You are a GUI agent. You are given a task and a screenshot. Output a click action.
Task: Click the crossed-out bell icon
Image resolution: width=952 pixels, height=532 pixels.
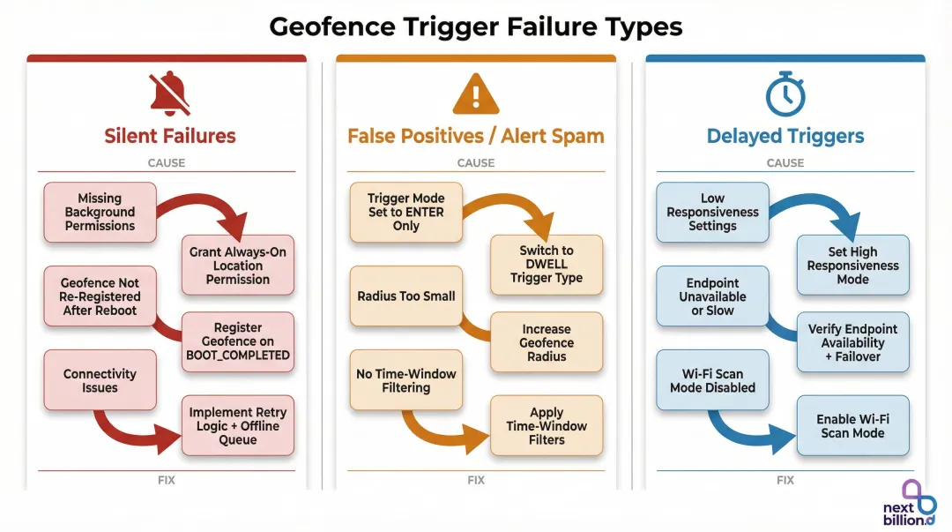coord(168,94)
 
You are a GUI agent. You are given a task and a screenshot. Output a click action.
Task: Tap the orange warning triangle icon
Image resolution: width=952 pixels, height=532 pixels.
coord(476,94)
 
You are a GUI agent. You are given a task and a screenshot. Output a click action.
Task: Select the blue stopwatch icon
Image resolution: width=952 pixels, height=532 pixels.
coord(785,94)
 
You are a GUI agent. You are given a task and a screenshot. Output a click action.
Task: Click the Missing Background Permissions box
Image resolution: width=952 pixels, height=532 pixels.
coord(100,212)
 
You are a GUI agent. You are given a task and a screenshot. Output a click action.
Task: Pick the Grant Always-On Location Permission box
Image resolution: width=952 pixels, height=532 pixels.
coord(237,265)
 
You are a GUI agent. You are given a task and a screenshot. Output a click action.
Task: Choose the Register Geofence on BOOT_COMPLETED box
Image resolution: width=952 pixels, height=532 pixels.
coord(237,341)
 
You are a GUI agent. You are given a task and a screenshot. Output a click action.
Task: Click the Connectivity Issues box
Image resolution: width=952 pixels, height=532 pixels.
coord(100,380)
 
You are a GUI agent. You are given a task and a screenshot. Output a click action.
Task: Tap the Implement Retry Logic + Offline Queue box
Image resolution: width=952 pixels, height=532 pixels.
coord(237,425)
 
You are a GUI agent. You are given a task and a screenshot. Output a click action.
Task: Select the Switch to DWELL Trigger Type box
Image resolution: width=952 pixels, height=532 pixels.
coord(547,265)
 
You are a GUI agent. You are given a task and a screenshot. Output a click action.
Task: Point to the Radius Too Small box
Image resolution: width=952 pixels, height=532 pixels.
coord(405,296)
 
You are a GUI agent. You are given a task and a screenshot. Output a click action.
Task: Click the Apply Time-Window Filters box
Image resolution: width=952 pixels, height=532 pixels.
coord(547,425)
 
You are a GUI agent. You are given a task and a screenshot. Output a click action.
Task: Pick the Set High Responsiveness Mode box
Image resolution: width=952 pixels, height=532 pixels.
coord(852,265)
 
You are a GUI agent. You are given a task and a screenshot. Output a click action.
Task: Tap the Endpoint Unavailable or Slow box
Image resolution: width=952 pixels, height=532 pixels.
coord(712,296)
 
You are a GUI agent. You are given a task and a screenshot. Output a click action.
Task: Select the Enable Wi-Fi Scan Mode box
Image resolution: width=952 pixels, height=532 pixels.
coord(852,425)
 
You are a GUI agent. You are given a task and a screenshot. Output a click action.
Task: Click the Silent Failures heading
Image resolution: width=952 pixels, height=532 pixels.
coord(170,136)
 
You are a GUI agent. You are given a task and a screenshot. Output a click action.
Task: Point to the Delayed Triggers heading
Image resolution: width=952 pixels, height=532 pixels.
coord(785,136)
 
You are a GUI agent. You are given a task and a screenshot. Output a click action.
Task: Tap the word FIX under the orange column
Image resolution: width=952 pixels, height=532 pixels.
coord(476,481)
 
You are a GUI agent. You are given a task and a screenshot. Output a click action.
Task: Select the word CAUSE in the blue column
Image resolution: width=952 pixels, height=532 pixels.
coord(785,163)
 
